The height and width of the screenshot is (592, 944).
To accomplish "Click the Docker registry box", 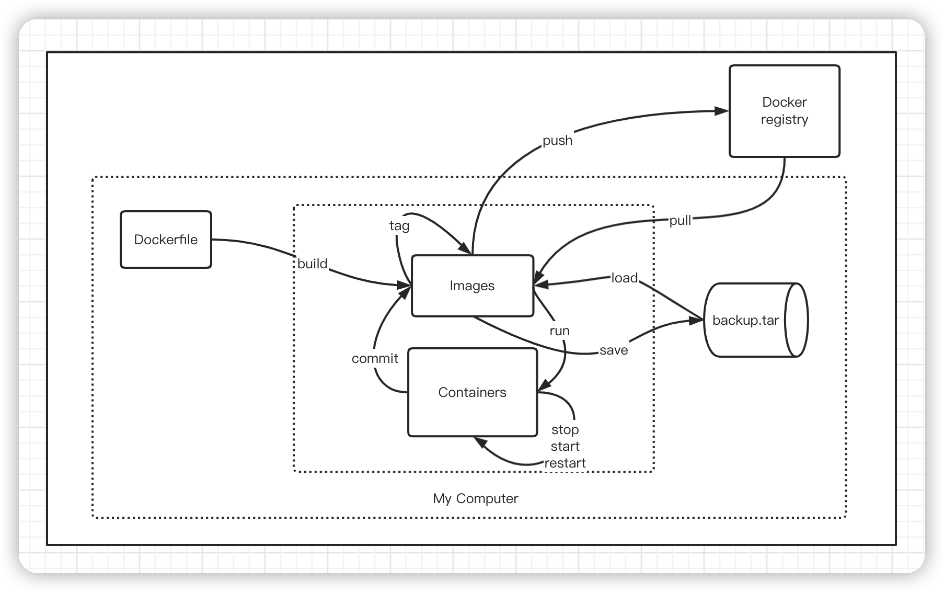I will pos(784,111).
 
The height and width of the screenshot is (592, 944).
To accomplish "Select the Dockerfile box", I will pos(166,240).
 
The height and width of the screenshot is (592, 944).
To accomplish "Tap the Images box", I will pos(472,286).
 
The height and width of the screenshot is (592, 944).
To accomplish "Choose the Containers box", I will pos(472,392).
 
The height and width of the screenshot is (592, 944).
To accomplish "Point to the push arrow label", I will pos(557,141).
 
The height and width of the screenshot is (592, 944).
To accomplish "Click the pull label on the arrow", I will pos(680,221).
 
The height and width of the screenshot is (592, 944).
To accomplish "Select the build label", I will pos(312,264).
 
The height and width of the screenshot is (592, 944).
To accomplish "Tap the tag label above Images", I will pos(399,225).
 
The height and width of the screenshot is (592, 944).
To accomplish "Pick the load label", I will pos(625,278).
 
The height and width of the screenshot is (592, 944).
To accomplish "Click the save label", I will pos(614,350).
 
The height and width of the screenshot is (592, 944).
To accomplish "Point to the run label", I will pos(559,331).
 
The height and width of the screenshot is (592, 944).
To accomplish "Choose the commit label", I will pos(375,359).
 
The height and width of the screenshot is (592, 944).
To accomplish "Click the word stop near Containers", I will pos(565,430).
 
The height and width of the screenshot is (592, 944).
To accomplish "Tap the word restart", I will pos(565,463).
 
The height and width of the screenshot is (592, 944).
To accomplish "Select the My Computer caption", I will pos(475,498).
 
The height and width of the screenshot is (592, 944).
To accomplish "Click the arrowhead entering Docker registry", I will pos(722,111).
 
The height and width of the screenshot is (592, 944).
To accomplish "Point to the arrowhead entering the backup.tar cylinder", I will pos(696,321).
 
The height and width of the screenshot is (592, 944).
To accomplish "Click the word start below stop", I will pos(565,447).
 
